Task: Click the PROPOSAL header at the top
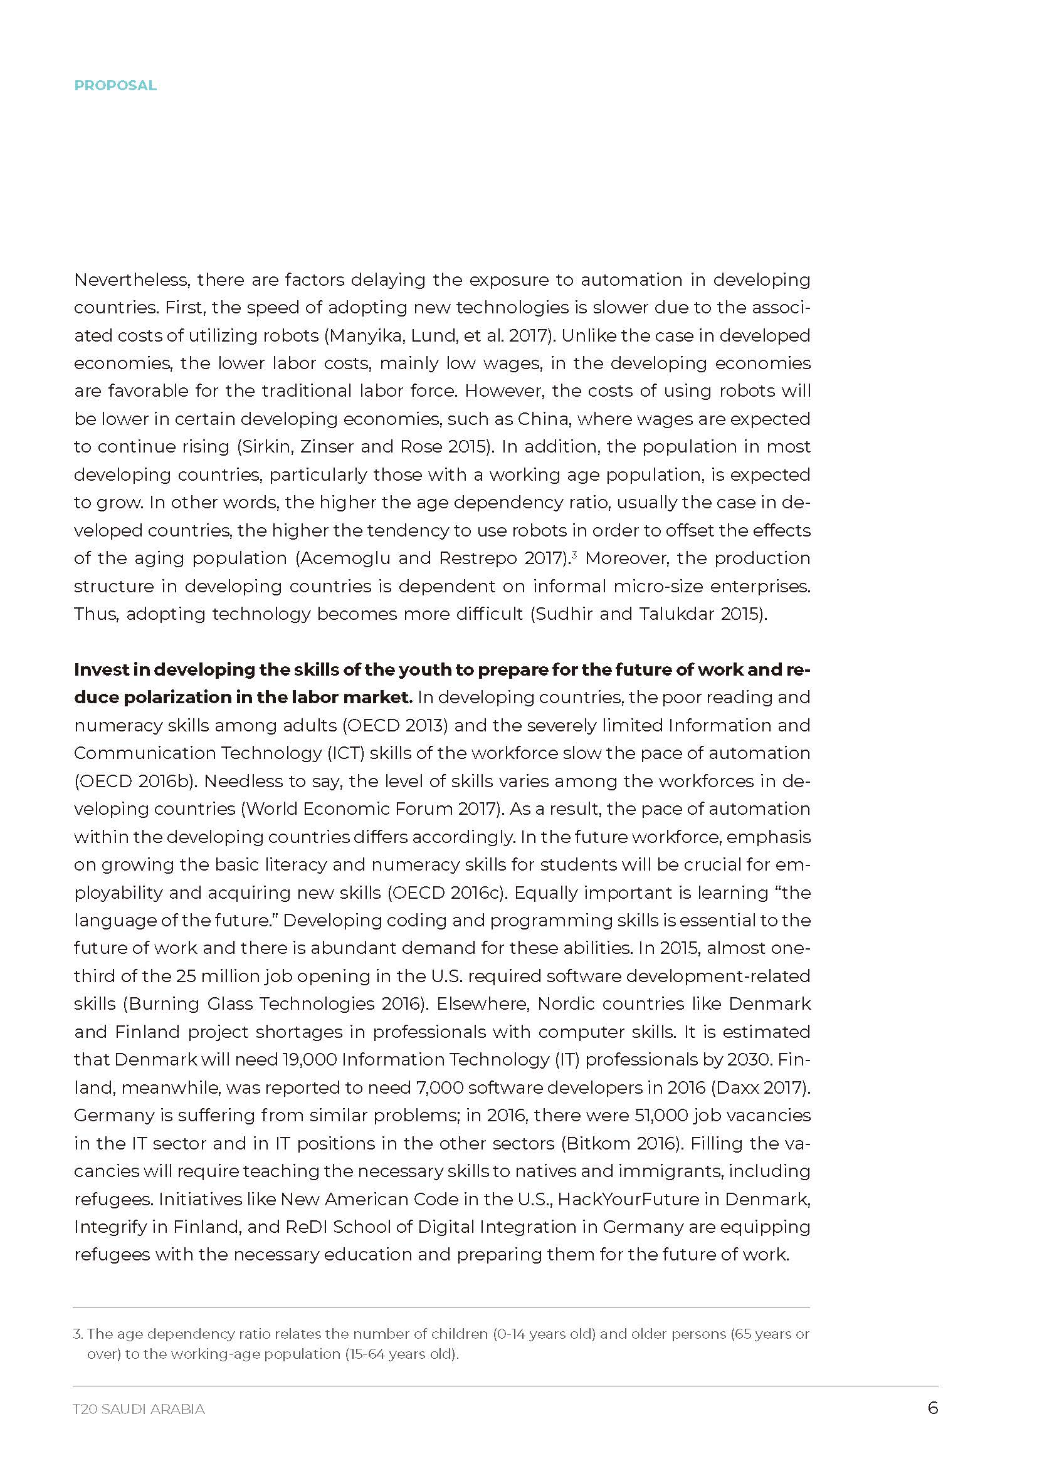(x=115, y=86)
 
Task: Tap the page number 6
(x=932, y=1408)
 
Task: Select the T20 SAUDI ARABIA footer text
(x=139, y=1409)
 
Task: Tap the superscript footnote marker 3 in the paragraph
(x=575, y=554)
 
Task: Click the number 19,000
(x=309, y=1059)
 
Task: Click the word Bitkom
(x=596, y=1143)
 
